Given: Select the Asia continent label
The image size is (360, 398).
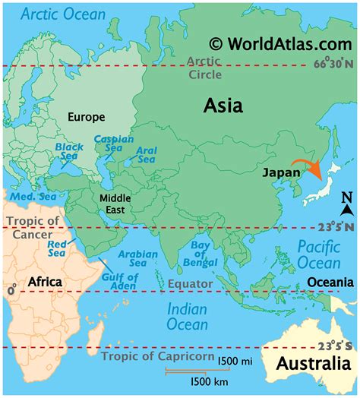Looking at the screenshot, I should click(x=223, y=106).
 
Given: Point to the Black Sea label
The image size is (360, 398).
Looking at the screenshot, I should click(x=68, y=152).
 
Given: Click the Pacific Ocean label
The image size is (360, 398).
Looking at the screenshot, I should click(x=318, y=255).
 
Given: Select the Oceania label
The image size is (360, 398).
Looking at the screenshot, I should click(x=330, y=283).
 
